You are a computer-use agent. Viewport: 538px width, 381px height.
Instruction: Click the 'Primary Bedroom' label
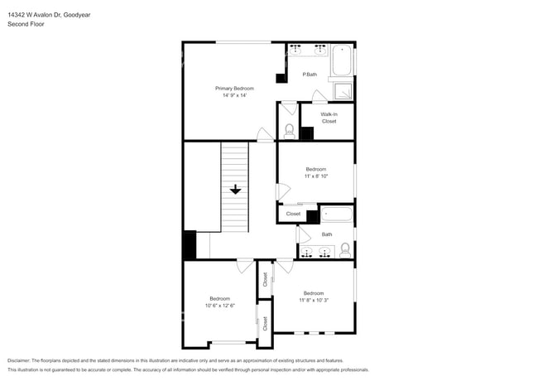click(234, 88)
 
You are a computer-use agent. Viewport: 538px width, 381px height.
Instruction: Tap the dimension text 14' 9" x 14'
click(234, 95)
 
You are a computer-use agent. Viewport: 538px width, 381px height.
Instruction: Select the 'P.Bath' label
click(310, 75)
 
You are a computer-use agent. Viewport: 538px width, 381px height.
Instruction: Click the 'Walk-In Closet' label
click(329, 118)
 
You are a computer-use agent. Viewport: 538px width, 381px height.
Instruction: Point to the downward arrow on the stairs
click(235, 189)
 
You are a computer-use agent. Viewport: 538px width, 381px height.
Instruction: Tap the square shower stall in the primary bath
click(342, 91)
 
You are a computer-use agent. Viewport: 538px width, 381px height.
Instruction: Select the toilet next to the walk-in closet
click(289, 130)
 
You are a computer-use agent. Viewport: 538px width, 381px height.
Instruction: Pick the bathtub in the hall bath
click(336, 215)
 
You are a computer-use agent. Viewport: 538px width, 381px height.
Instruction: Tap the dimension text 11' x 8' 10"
click(316, 176)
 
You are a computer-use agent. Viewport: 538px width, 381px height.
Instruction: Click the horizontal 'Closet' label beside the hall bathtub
click(293, 214)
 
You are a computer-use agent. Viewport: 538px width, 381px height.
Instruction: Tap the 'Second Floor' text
click(26, 24)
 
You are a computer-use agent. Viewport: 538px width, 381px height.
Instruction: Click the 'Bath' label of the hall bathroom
click(327, 234)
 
